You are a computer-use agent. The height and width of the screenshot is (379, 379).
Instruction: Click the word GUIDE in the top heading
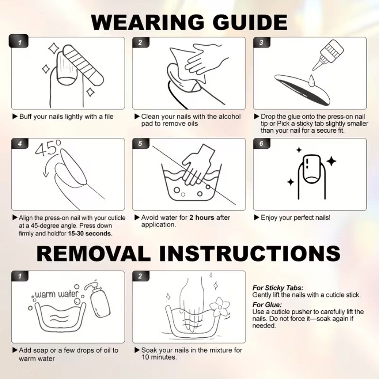click(x=250, y=22)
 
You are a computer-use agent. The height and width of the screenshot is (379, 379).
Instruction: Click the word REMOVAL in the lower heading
click(x=93, y=254)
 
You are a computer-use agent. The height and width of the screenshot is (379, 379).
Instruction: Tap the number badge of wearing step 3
click(x=262, y=43)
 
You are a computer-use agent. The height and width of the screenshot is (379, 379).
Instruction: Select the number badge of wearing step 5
click(x=140, y=144)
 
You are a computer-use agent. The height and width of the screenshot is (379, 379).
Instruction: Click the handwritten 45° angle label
click(x=48, y=147)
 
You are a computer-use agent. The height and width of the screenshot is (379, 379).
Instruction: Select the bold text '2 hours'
click(x=202, y=218)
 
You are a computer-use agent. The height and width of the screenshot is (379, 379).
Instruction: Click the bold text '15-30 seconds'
click(x=90, y=233)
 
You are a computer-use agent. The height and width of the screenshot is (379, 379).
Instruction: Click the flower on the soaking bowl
click(x=219, y=307)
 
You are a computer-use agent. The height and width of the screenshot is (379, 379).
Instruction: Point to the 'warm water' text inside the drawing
click(x=57, y=294)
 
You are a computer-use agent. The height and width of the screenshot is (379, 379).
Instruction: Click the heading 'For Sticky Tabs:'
click(x=278, y=288)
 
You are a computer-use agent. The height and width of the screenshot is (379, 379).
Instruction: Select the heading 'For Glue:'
click(x=267, y=304)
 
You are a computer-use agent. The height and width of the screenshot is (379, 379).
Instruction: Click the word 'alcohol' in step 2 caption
click(x=230, y=117)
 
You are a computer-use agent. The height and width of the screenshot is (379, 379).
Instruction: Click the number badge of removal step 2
click(x=140, y=276)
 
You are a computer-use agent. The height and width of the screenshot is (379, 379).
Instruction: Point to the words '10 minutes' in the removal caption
click(x=159, y=357)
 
